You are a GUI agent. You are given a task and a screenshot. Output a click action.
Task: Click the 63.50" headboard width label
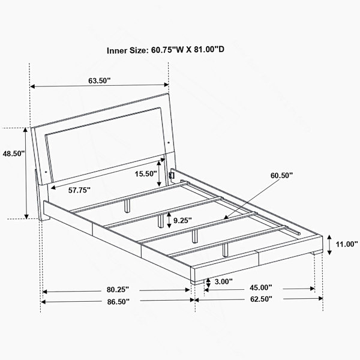[100, 81]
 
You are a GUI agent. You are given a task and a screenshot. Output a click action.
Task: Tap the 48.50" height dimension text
[14, 154]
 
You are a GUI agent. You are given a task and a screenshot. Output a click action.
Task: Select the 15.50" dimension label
[146, 174]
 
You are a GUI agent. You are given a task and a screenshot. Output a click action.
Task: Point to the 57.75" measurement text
[79, 190]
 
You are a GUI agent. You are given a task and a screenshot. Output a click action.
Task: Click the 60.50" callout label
[282, 175]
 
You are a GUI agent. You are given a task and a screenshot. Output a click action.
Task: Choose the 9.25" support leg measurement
[182, 221]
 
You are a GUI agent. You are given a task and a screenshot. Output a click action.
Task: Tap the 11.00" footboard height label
[347, 244]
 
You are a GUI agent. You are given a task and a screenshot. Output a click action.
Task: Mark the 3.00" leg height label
[223, 281]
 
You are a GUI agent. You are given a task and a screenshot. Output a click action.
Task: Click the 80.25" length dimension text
[118, 290]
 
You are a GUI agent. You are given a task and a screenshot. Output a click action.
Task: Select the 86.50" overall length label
[118, 302]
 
